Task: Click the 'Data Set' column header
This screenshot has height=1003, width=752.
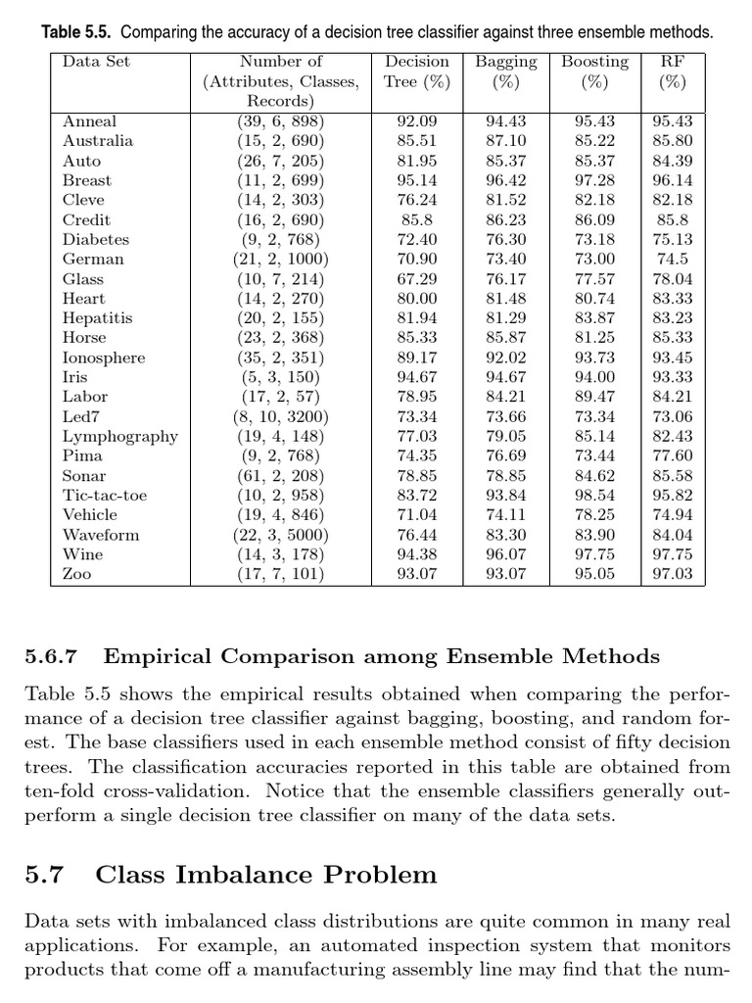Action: point(96,62)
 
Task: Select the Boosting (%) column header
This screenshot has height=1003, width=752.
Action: point(594,72)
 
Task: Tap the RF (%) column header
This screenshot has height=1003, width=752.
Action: point(672,72)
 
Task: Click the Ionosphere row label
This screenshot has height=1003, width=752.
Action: point(104,358)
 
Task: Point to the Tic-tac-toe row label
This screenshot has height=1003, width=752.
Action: point(105,496)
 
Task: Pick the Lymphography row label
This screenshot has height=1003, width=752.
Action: point(120,436)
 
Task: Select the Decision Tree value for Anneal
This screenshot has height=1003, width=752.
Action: point(417,121)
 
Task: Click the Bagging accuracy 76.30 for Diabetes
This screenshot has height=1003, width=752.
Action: point(506,239)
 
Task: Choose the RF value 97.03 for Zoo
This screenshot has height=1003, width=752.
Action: point(672,574)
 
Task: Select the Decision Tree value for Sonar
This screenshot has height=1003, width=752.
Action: point(417,476)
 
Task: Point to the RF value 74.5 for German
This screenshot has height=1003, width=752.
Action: point(672,259)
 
